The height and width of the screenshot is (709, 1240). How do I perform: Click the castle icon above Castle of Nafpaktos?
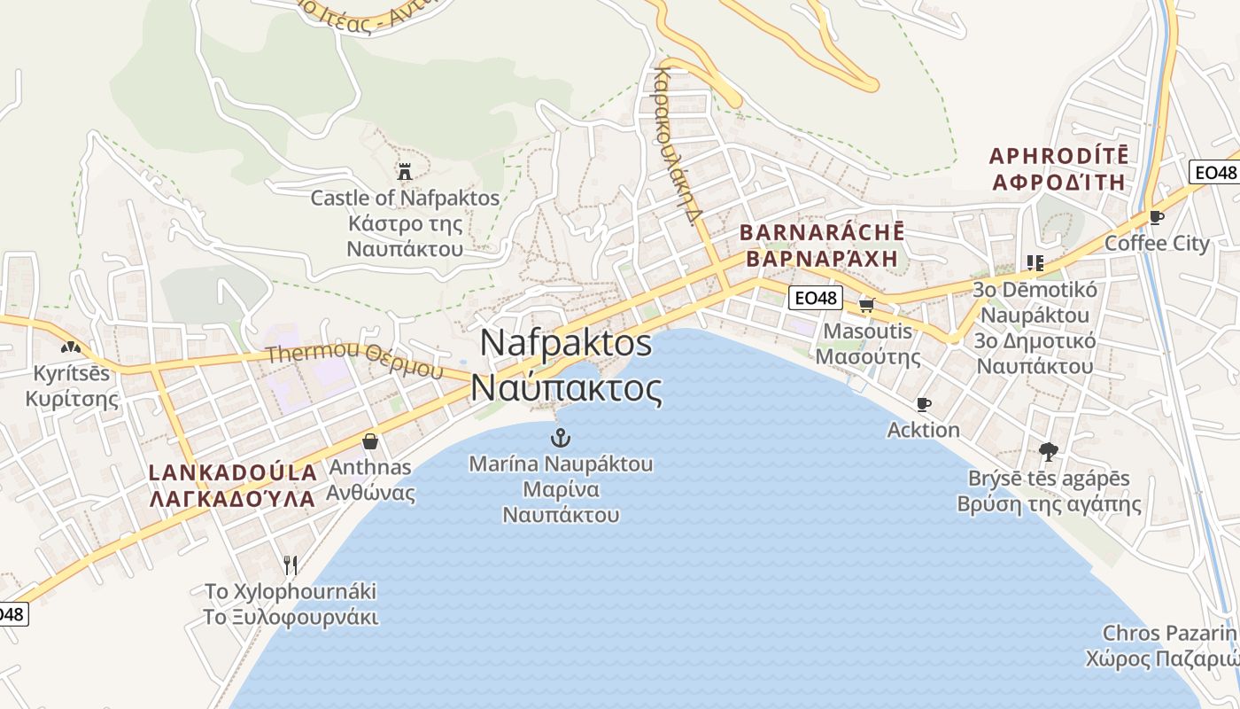point(406,171)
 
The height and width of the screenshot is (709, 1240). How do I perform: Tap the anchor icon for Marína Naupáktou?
point(560,437)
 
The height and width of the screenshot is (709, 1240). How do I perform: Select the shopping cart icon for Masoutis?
point(866,306)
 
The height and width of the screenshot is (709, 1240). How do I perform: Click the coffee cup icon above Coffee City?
point(1156,217)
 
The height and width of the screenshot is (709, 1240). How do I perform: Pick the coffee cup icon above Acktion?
point(924,404)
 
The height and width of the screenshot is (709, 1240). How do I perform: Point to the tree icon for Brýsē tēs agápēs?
point(1049,452)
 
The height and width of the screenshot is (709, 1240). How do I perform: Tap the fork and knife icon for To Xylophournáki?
point(290,564)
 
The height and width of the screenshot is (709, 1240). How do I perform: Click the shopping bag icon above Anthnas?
point(370,440)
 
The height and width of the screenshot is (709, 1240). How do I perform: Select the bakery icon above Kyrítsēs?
point(71,347)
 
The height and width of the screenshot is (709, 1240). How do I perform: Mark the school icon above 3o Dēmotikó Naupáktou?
point(1035,262)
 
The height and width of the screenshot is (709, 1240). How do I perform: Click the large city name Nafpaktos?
point(567,343)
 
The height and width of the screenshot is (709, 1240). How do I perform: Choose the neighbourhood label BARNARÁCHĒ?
point(822,232)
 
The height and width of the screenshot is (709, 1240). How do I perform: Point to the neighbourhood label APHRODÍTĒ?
point(1058,156)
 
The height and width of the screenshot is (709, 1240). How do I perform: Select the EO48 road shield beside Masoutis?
point(815,298)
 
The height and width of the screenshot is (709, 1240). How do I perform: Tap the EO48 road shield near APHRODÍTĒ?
point(1213,172)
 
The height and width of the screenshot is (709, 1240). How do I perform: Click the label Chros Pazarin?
point(1169,633)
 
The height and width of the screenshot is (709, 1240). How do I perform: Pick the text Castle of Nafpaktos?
point(405,198)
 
